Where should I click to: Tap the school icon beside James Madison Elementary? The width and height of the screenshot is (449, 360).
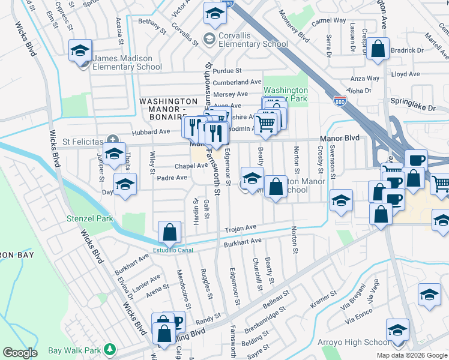[x=79, y=52]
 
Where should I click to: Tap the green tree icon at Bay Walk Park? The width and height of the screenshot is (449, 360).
[x=109, y=349]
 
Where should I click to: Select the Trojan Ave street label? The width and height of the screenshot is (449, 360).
[x=241, y=229]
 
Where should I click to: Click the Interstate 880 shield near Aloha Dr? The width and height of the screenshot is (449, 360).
[x=340, y=98]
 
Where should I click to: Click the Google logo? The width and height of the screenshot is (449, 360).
[x=20, y=353]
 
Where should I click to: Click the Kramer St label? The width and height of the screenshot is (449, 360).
[x=324, y=299]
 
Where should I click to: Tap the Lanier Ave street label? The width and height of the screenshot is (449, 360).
[x=147, y=280]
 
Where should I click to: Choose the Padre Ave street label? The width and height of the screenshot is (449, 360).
[x=172, y=178]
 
